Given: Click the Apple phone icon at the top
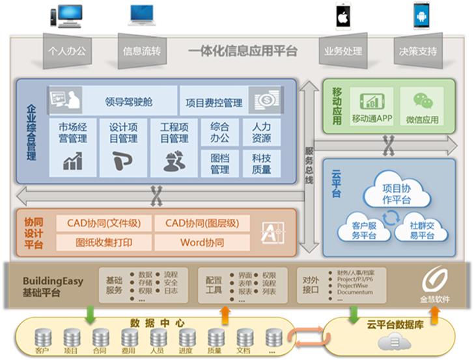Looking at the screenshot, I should tap(342, 17).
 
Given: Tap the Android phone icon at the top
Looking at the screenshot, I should tap(421, 16).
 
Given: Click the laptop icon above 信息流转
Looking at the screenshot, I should tap(143, 16).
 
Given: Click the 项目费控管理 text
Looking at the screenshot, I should tap(214, 102).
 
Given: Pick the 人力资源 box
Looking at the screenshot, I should tap(261, 132).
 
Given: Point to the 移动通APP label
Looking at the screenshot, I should tap(372, 120).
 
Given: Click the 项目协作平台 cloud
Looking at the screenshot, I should tap(397, 194).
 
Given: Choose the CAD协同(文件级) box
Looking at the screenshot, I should tap(104, 224).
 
